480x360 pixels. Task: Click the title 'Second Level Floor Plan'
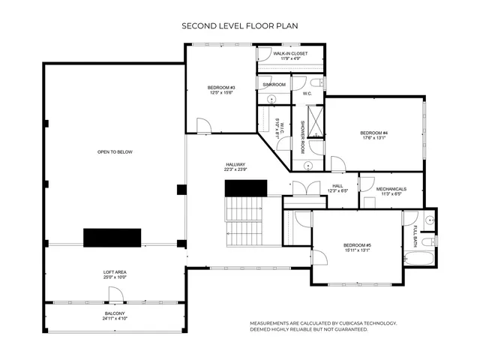240,25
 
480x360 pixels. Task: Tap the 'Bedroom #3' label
221,90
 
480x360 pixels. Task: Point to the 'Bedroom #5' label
357,247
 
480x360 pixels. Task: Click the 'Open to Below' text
115,152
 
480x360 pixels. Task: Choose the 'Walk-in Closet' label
290,56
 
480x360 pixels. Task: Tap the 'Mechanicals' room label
391,191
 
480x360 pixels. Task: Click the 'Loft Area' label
115,274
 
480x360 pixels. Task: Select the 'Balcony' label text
115,315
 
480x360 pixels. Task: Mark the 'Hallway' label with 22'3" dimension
236,166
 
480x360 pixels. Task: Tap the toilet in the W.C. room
316,83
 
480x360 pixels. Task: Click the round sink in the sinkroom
272,99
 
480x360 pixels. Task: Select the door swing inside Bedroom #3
202,125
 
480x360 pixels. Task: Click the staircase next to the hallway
245,217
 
